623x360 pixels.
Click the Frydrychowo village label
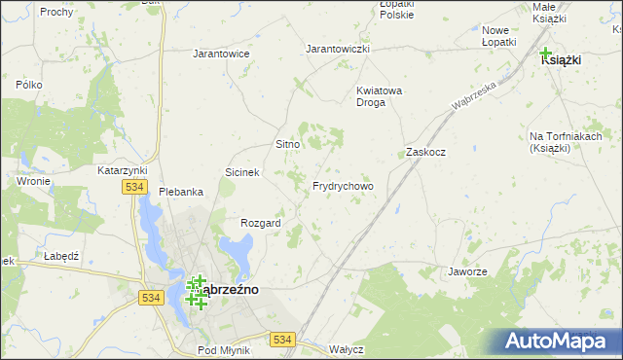(343, 186)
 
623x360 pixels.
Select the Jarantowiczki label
(338, 48)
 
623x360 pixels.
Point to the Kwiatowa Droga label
(379, 96)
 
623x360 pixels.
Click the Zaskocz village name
(425, 153)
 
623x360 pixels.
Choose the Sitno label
(287, 144)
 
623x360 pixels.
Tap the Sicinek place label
(242, 172)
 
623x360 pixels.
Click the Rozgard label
(261, 223)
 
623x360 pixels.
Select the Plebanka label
(181, 192)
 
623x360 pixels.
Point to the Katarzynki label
(122, 170)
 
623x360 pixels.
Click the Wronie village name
(33, 181)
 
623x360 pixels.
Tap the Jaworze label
(467, 271)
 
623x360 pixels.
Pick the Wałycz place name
(347, 349)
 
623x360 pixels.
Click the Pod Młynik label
(224, 349)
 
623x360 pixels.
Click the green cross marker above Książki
(545, 54)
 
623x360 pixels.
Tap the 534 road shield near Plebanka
(134, 188)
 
